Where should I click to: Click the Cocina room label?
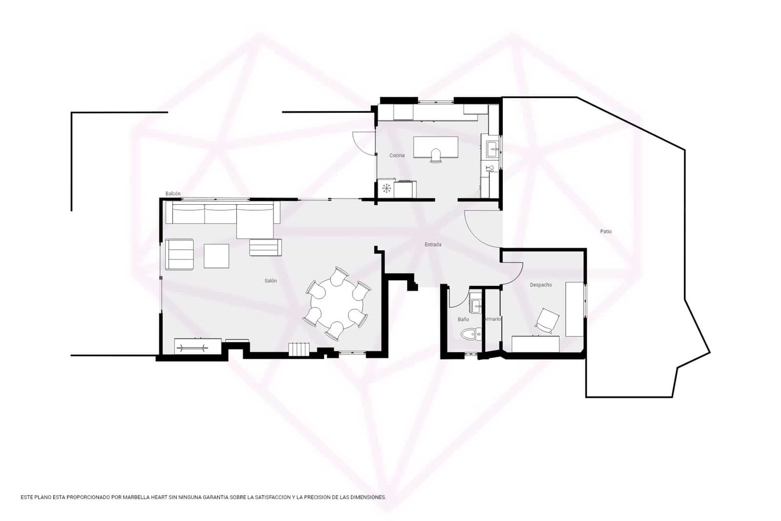point(397,155)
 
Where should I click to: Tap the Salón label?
point(270,281)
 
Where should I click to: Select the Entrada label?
point(433,244)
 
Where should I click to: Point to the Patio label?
point(606,231)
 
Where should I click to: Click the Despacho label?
point(541,284)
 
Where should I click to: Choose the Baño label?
point(463,319)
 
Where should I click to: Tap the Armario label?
point(492,319)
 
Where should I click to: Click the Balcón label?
point(173,194)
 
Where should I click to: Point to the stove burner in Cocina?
point(387,188)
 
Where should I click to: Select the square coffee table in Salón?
point(216,256)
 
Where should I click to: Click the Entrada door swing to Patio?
point(481,227)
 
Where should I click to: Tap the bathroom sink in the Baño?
point(475,304)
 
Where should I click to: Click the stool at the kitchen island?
point(436,156)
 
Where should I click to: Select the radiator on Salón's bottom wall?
point(299,349)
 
